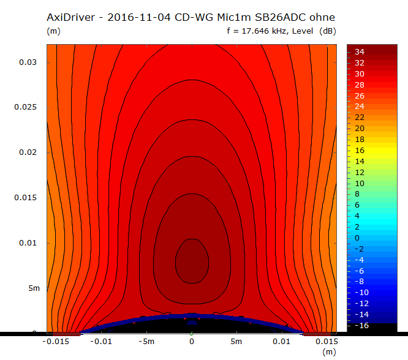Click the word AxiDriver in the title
click(70, 17)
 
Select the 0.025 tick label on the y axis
click(26, 107)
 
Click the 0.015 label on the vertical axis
click(26, 198)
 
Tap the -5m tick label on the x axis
click(146, 341)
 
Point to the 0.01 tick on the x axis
click(282, 341)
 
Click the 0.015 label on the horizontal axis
click(326, 341)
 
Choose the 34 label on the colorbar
click(360, 52)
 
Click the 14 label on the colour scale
click(360, 161)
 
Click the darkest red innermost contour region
click(191, 260)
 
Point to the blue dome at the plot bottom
click(191, 318)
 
